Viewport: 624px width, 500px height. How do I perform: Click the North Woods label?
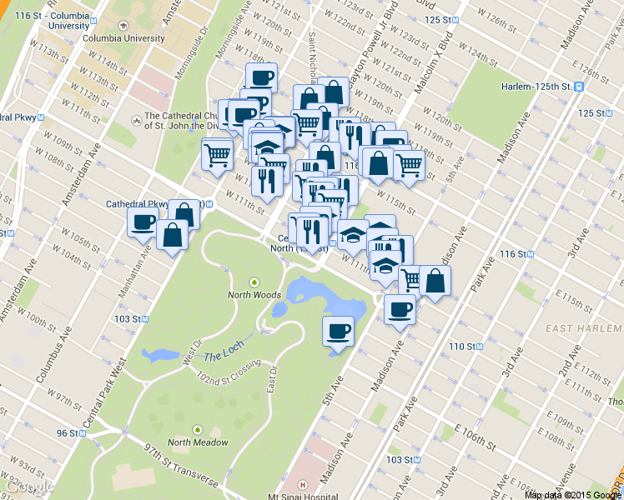pyautogui.click(x=254, y=294)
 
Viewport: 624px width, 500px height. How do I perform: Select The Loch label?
pyautogui.click(x=223, y=356)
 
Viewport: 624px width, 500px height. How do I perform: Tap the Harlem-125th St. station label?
pyautogui.click(x=536, y=87)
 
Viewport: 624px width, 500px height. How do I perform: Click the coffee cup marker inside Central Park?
pyautogui.click(x=339, y=332)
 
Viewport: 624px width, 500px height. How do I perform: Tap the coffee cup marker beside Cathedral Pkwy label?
pyautogui.click(x=143, y=222)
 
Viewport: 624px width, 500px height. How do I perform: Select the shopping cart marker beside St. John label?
pyautogui.click(x=218, y=153)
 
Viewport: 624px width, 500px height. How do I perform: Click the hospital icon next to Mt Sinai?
pyautogui.click(x=302, y=484)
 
